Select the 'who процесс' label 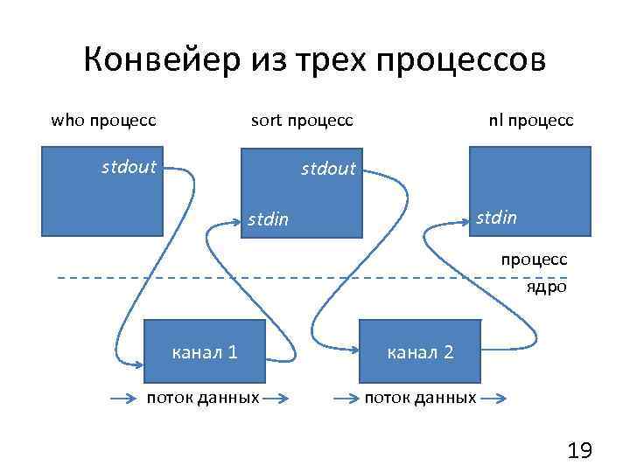[x=103, y=120]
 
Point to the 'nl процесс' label [x=531, y=120]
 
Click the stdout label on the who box [x=129, y=166]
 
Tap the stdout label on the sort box [x=328, y=168]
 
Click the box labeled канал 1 [x=206, y=351]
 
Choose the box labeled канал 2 [x=420, y=351]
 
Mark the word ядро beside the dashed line [x=546, y=286]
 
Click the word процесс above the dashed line [x=534, y=260]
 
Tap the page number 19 [x=579, y=451]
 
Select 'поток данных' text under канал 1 [x=203, y=399]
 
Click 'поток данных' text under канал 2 [x=420, y=399]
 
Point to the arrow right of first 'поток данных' [x=276, y=399]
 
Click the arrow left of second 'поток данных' [x=346, y=399]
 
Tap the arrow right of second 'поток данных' [x=493, y=399]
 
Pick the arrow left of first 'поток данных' [x=128, y=399]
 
